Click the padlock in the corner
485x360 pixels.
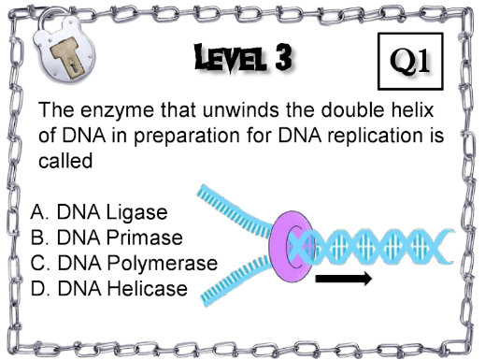(x=63, y=47)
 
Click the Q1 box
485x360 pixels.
(x=410, y=61)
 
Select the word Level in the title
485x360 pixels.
(x=231, y=58)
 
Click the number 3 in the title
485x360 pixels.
(x=283, y=56)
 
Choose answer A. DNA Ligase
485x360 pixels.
(x=99, y=213)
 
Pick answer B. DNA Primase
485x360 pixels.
(x=107, y=238)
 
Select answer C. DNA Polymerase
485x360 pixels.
(x=124, y=264)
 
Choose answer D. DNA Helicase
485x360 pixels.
(x=108, y=288)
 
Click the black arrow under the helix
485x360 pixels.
(x=344, y=278)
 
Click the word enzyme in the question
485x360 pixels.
(x=118, y=110)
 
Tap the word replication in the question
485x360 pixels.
(x=374, y=137)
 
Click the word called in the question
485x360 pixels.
(x=65, y=161)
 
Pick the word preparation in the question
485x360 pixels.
(x=186, y=137)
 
